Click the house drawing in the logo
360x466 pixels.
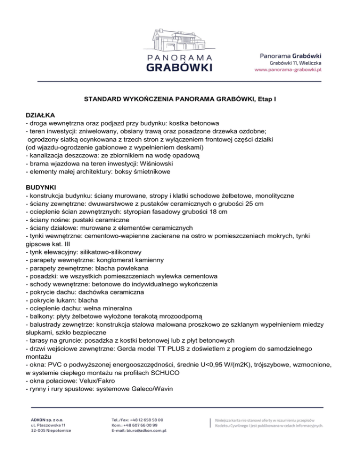[180, 40]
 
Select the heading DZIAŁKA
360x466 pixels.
[40, 114]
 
